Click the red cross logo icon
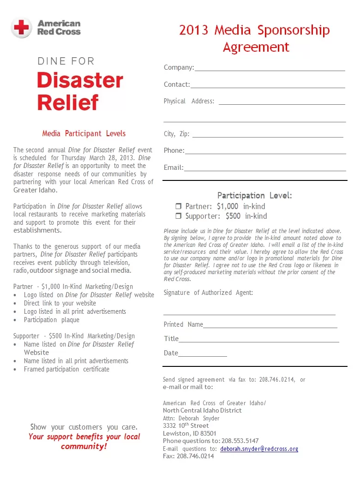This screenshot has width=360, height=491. tap(21, 28)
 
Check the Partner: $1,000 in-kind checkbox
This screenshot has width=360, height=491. tap(178, 207)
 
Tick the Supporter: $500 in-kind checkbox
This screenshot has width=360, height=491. tap(178, 216)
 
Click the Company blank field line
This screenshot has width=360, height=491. tap(270, 70)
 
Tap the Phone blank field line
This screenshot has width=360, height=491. tap(265, 153)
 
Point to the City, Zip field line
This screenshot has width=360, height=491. tap(268, 136)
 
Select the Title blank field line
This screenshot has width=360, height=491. tap(258, 341)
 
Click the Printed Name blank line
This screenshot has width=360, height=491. tap(270, 327)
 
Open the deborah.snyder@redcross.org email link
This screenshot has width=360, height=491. tap(259, 449)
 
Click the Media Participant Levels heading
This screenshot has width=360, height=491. tap(84, 133)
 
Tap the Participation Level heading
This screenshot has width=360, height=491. tap(254, 196)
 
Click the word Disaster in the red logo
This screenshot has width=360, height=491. tap(80, 81)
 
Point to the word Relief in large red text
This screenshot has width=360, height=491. tap(68, 102)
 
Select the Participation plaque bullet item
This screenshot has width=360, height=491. tap(52, 320)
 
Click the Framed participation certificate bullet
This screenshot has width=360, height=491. tap(66, 369)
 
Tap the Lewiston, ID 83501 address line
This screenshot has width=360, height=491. tap(189, 433)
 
